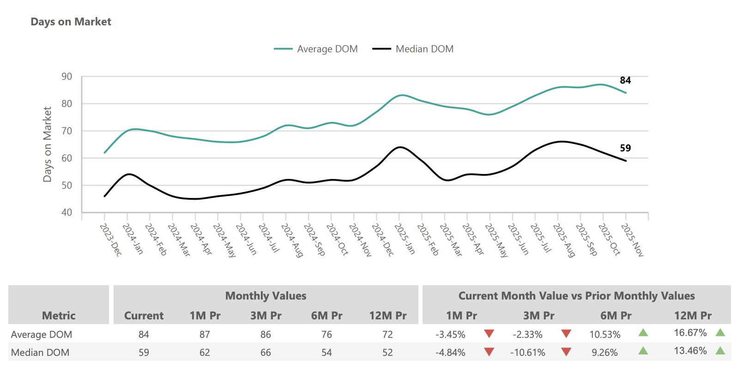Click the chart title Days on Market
(x=71, y=22)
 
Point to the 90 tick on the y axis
(x=67, y=77)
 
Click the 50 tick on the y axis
(x=67, y=186)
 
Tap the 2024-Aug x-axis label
(x=292, y=240)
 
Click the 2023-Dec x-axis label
(x=111, y=240)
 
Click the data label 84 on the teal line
(x=625, y=80)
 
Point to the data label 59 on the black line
(x=625, y=148)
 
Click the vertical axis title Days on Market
(x=47, y=144)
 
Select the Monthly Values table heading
(x=266, y=296)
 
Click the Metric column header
(x=59, y=316)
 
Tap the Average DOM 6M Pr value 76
(x=326, y=334)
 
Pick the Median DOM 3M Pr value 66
(x=266, y=353)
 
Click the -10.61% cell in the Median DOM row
(x=527, y=353)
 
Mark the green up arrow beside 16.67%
(x=720, y=332)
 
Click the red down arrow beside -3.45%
(x=489, y=333)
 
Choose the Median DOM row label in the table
(x=40, y=353)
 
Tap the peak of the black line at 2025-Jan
(x=399, y=147)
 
